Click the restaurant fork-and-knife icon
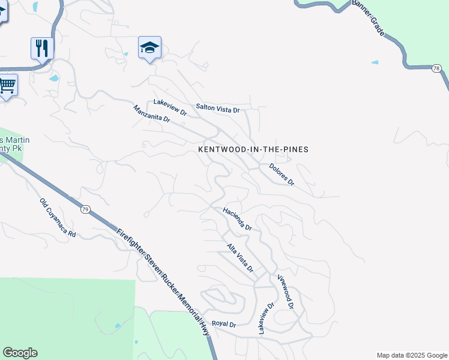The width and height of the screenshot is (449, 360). point(42,48)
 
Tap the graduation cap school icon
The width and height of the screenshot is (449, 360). point(149,48)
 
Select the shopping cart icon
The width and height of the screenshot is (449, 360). point(7,86)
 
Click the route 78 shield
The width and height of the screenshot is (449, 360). point(436,70)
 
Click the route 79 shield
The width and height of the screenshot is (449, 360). point(86,209)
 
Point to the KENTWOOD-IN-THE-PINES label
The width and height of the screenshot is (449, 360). point(253,149)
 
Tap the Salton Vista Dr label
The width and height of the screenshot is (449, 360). point(217,109)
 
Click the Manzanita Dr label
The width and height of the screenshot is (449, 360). point(151,113)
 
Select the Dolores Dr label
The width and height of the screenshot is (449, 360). point(282,174)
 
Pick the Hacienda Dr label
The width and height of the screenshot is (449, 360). point(237,219)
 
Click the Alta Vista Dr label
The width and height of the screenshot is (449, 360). point(240,257)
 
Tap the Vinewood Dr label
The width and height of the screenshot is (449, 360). point(285,292)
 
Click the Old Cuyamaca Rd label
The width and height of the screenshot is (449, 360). point(58,218)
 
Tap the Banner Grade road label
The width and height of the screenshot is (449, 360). point(368,19)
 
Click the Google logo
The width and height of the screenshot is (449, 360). point(20,353)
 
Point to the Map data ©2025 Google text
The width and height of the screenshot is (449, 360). point(412,355)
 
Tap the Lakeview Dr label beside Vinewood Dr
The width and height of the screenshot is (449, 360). point(266,317)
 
